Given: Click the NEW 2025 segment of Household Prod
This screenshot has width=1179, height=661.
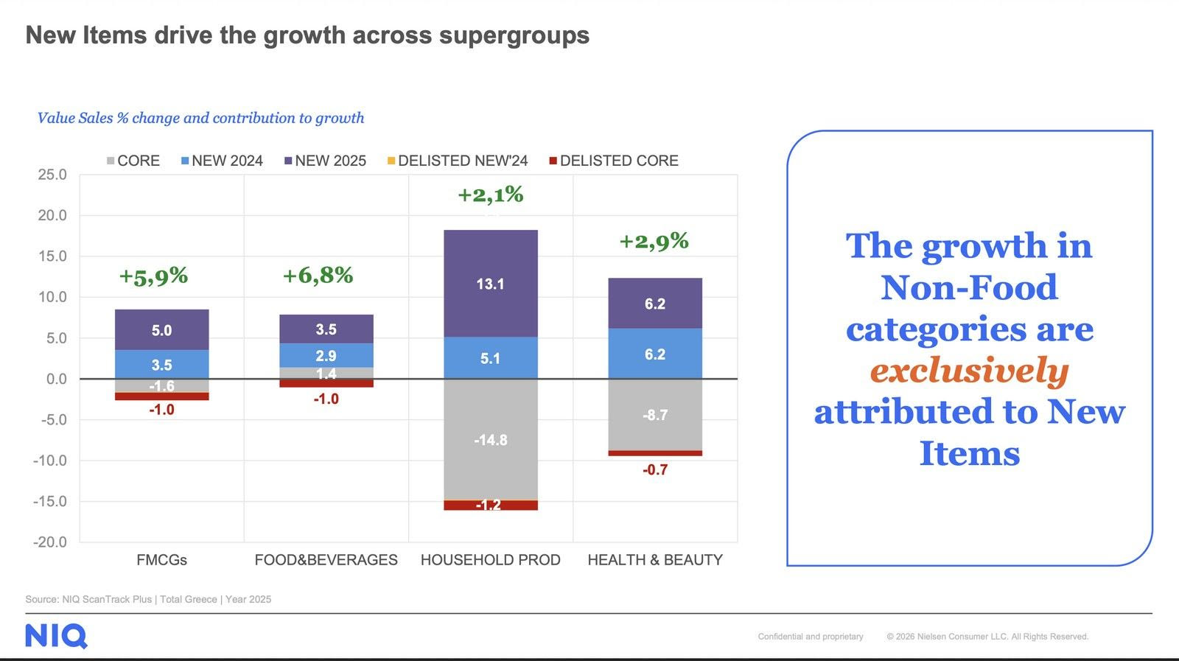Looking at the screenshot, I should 490,284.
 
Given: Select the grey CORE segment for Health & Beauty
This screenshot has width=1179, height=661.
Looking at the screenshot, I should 654,414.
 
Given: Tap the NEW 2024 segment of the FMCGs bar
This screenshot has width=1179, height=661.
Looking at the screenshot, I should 161,364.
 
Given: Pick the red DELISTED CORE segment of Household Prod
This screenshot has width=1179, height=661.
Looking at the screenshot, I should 490,506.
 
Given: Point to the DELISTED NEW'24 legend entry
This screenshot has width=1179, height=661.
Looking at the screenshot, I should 458,161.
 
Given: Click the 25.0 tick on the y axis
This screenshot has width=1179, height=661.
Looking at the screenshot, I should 52,175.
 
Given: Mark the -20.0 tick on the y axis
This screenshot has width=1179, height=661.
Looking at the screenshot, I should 49,542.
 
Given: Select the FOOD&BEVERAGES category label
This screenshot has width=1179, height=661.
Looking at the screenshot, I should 326,560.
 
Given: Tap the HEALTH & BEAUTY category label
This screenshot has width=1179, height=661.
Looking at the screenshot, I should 654,560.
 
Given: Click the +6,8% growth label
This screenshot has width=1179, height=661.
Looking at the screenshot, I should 318,276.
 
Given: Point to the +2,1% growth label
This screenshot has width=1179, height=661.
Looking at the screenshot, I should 490,195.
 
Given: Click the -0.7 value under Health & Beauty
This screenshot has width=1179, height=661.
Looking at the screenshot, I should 654,470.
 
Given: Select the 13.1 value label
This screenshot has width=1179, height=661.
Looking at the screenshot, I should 490,284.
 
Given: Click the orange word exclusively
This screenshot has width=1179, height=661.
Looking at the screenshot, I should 969,371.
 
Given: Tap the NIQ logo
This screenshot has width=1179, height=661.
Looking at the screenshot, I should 56,636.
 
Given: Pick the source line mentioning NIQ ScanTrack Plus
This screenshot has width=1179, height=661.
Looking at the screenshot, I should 148,599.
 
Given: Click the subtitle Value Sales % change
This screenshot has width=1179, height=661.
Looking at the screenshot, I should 200,118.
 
